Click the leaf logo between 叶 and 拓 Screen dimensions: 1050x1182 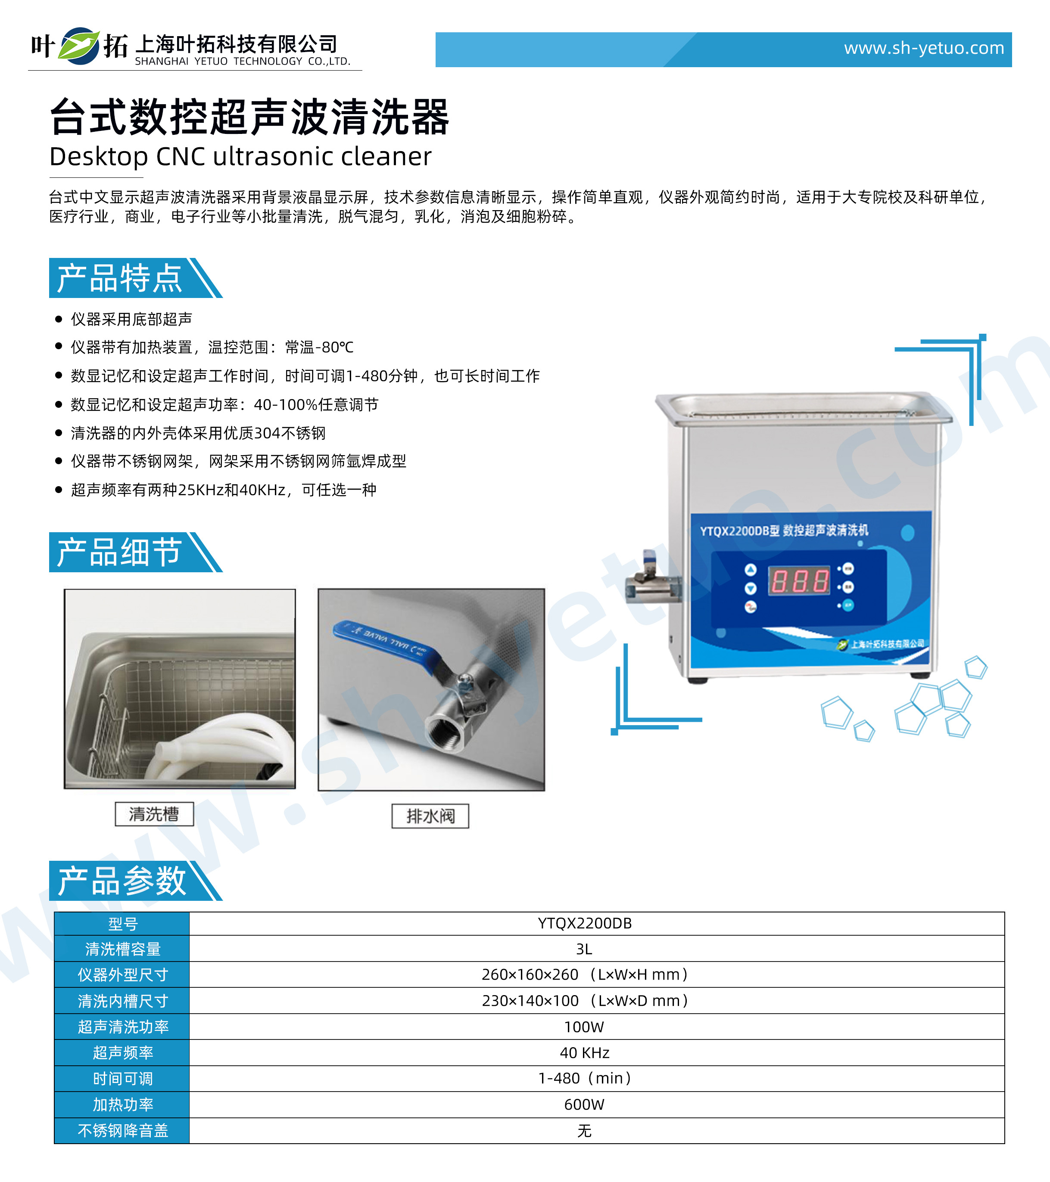[80, 46]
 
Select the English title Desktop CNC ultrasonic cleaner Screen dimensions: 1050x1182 [241, 156]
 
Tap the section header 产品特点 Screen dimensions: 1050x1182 [119, 278]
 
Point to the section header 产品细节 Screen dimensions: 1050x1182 [119, 552]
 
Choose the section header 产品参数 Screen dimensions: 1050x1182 [122, 881]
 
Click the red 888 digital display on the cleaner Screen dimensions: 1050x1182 [798, 580]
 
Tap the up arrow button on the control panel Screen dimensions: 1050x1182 [750, 570]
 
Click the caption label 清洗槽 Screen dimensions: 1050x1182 [154, 814]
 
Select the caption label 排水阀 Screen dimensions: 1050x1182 [430, 816]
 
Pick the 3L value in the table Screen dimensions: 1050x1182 [584, 949]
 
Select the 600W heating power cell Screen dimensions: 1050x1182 [584, 1104]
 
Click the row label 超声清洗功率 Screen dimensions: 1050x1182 [123, 1027]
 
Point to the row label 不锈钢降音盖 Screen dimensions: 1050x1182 [123, 1130]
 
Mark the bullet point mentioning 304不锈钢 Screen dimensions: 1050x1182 [198, 433]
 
